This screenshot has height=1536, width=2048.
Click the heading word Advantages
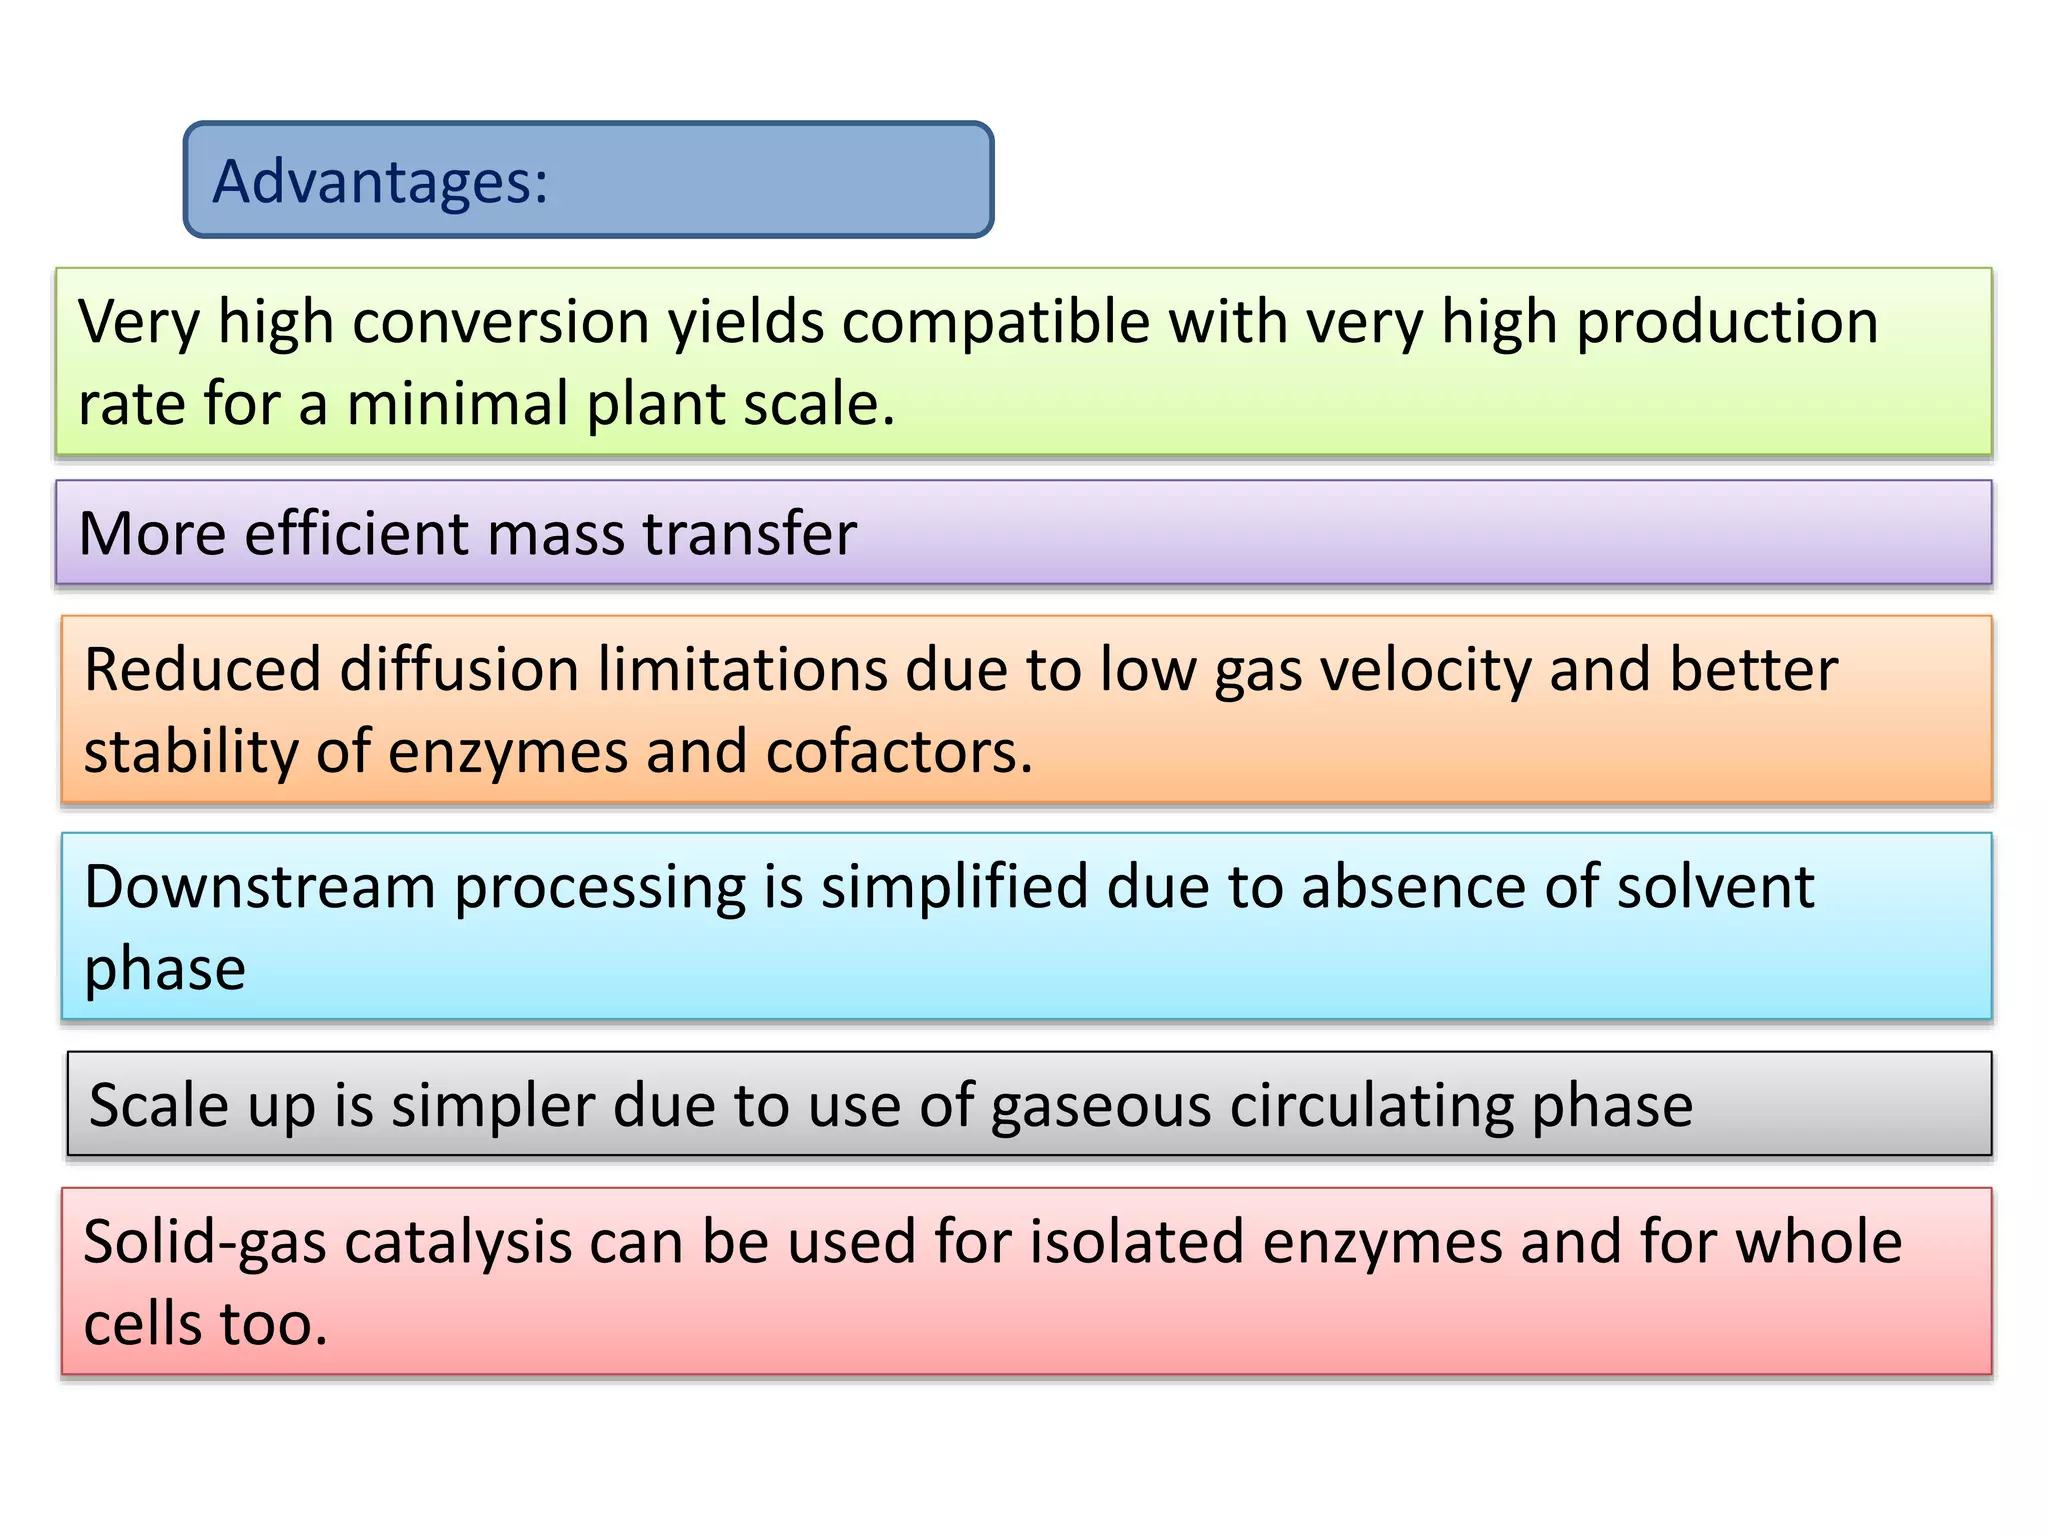click(x=380, y=182)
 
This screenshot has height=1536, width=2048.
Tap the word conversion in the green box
click(x=501, y=323)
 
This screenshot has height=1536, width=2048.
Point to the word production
click(x=1727, y=323)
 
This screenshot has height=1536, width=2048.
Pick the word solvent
click(x=1715, y=888)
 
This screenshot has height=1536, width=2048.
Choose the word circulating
click(x=1372, y=1107)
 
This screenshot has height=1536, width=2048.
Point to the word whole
click(x=1818, y=1243)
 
